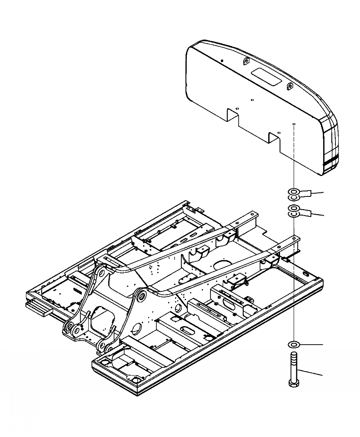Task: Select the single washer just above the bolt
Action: pyautogui.click(x=294, y=343)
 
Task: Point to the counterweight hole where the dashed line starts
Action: pyautogui.click(x=294, y=124)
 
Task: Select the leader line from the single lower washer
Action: pyautogui.click(x=311, y=344)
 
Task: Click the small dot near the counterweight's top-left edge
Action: pyautogui.click(x=221, y=60)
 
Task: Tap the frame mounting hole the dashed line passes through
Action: pyautogui.click(x=294, y=236)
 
